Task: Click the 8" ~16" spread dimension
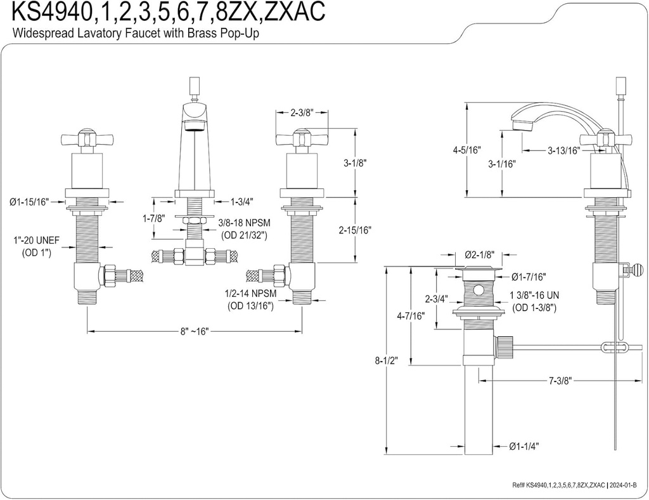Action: pyautogui.click(x=194, y=331)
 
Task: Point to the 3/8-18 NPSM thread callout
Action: pyautogui.click(x=243, y=223)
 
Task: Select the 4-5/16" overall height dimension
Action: pyautogui.click(x=467, y=150)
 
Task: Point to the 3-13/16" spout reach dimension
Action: pyautogui.click(x=563, y=151)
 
